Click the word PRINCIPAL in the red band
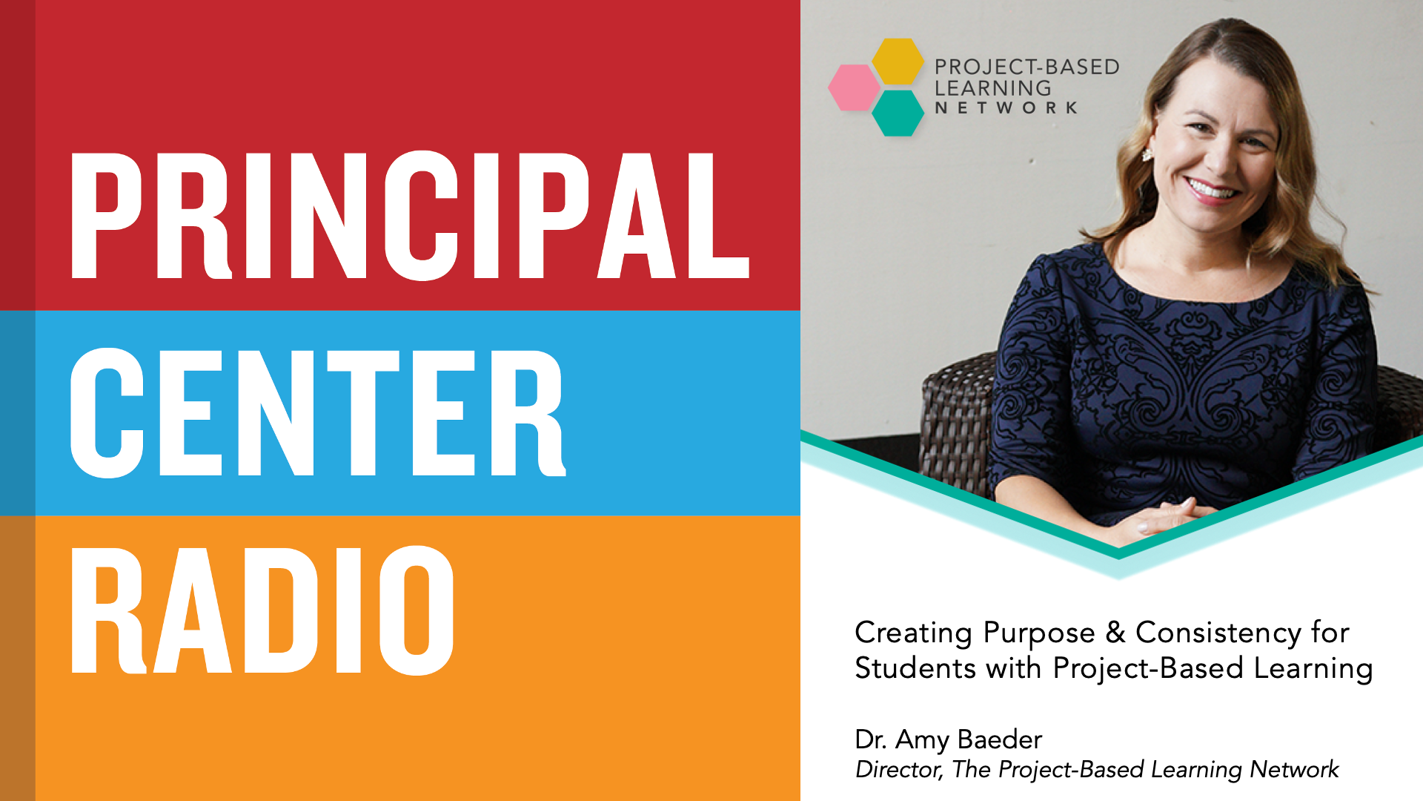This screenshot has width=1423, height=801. (410, 215)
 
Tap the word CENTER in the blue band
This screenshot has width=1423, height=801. (318, 412)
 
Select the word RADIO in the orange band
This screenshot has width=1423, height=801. (262, 610)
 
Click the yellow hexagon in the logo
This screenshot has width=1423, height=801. (898, 61)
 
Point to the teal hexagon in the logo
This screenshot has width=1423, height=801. (898, 113)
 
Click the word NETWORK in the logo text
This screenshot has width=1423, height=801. (1006, 108)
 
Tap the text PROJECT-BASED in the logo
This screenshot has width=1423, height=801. (1026, 67)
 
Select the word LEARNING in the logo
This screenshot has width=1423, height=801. (992, 88)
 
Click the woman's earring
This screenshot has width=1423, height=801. (1148, 154)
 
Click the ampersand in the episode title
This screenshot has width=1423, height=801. (1115, 632)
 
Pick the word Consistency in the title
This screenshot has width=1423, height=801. (1218, 633)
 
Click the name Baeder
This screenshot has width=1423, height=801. (1000, 739)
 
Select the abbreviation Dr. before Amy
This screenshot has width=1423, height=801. (871, 739)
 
